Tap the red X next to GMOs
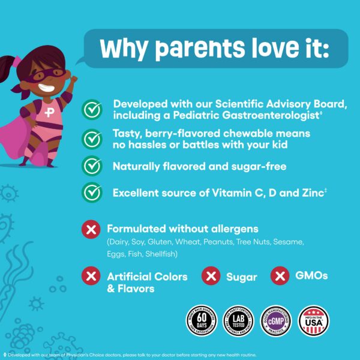pos(280,276)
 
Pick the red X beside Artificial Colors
pos(91,276)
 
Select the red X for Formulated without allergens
pos(91,229)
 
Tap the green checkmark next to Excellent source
pos(91,193)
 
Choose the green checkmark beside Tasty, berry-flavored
pos(91,139)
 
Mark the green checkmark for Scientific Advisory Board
pos(91,109)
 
